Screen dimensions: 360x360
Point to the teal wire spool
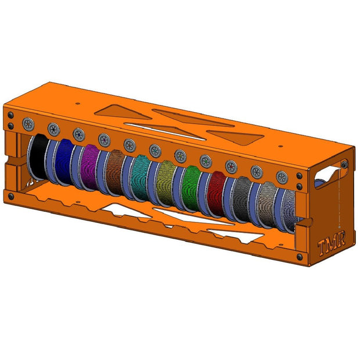(140, 178)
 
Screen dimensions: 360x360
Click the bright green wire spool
(191, 189)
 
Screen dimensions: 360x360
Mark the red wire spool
(216, 195)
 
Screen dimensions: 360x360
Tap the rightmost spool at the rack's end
(290, 210)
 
